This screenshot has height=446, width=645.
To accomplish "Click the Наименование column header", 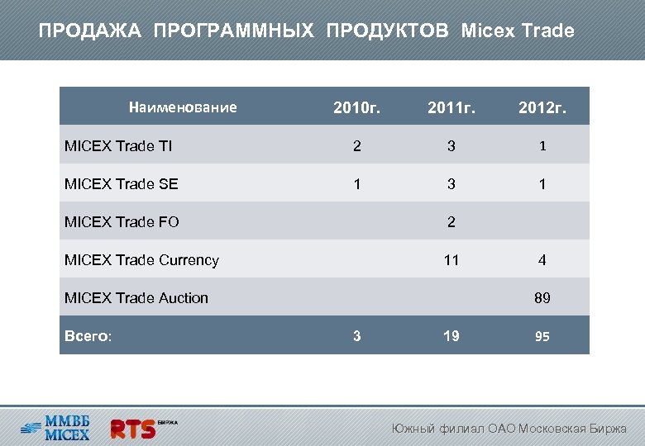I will pyautogui.click(x=183, y=107).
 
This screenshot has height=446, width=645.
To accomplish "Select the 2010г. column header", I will pyautogui.click(x=356, y=108).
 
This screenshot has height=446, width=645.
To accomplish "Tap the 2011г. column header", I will pyautogui.click(x=451, y=108).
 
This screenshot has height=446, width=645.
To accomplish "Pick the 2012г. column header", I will pyautogui.click(x=542, y=108).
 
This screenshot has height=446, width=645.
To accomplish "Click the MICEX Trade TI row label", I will pyautogui.click(x=118, y=146).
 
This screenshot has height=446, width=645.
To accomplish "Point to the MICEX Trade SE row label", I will pyautogui.click(x=121, y=184).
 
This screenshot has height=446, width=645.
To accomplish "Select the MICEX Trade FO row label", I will pyautogui.click(x=122, y=221).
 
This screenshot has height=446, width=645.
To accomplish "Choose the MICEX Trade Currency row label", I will pyautogui.click(x=141, y=260).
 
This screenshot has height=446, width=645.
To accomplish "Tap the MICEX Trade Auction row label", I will pyautogui.click(x=136, y=297).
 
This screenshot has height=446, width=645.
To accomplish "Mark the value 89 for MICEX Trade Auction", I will pyautogui.click(x=542, y=298).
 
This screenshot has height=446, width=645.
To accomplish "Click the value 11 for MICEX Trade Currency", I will pyautogui.click(x=451, y=260).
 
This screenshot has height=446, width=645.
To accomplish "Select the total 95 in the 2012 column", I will pyautogui.click(x=542, y=336).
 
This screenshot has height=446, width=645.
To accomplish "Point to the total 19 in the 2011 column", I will pyautogui.click(x=451, y=335).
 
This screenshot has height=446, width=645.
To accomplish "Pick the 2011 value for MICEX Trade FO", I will pyautogui.click(x=451, y=222).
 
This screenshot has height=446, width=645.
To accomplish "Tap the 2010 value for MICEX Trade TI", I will pyautogui.click(x=356, y=146).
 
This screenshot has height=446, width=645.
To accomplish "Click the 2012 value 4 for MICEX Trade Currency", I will pyautogui.click(x=542, y=260).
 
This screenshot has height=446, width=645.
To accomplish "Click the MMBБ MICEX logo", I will pyautogui.click(x=56, y=425).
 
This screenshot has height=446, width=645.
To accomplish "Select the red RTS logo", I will pyautogui.click(x=135, y=428).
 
